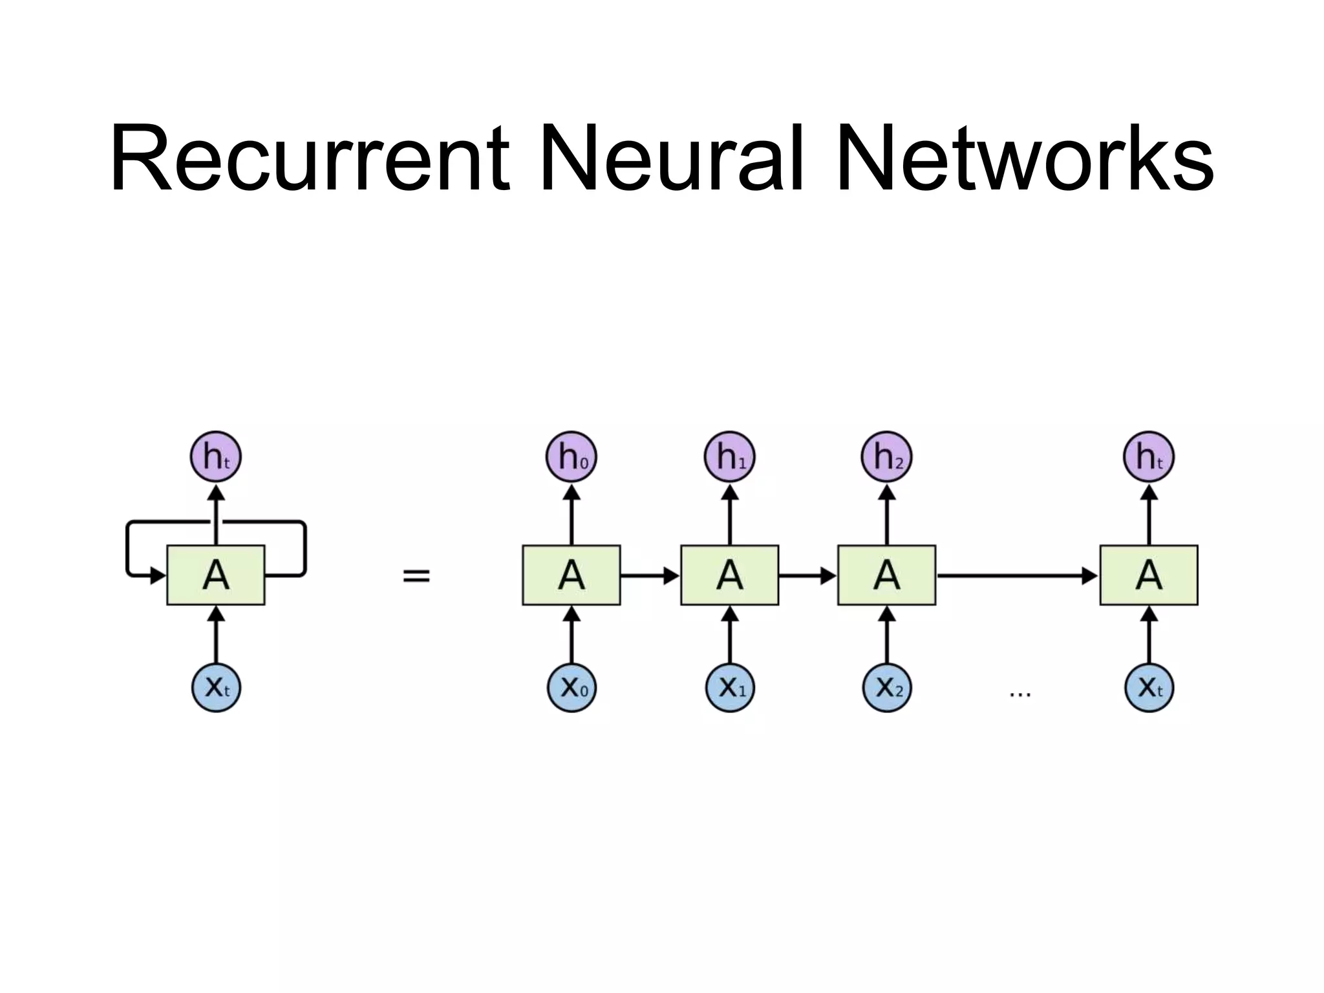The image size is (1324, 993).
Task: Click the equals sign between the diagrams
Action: pos(416,575)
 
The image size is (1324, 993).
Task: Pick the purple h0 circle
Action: pos(571,457)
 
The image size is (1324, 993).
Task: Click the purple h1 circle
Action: pos(729,457)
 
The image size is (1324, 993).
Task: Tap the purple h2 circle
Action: pos(886,457)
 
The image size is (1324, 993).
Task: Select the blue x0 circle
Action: pos(571,687)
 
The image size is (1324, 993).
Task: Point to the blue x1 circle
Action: pos(729,687)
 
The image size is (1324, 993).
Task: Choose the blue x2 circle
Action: pos(886,687)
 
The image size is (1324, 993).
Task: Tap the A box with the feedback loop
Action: pos(216,575)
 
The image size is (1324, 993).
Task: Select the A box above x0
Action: pos(571,575)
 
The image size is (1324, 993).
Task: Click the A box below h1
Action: pos(729,575)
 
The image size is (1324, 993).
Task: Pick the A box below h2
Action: pos(886,575)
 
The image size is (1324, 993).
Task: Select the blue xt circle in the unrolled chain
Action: pos(1149,687)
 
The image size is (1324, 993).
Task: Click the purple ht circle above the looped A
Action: pos(216,457)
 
